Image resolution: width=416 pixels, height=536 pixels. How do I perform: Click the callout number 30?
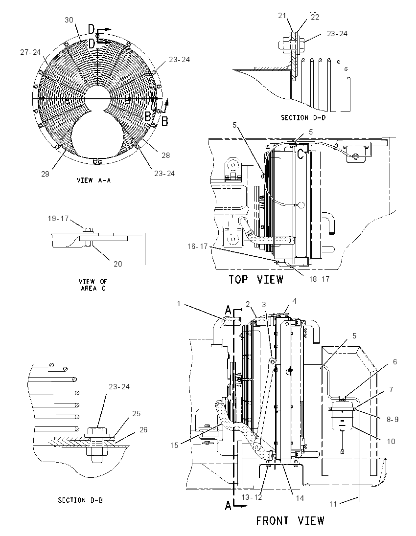(x=69, y=20)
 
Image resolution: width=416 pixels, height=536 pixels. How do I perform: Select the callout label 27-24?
(x=30, y=52)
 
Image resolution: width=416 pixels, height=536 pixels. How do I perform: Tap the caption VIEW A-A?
(x=94, y=180)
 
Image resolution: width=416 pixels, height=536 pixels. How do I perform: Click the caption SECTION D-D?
(x=303, y=117)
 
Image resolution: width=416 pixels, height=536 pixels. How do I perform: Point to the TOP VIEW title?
(x=256, y=279)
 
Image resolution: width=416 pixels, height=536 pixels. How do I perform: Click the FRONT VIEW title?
(x=290, y=521)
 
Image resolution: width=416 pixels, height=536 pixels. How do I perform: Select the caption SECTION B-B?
(x=80, y=500)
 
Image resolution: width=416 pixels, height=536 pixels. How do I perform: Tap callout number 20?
(x=117, y=264)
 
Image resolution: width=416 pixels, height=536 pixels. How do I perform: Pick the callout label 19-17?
(x=58, y=219)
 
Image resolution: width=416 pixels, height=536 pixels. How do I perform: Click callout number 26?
(x=143, y=429)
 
